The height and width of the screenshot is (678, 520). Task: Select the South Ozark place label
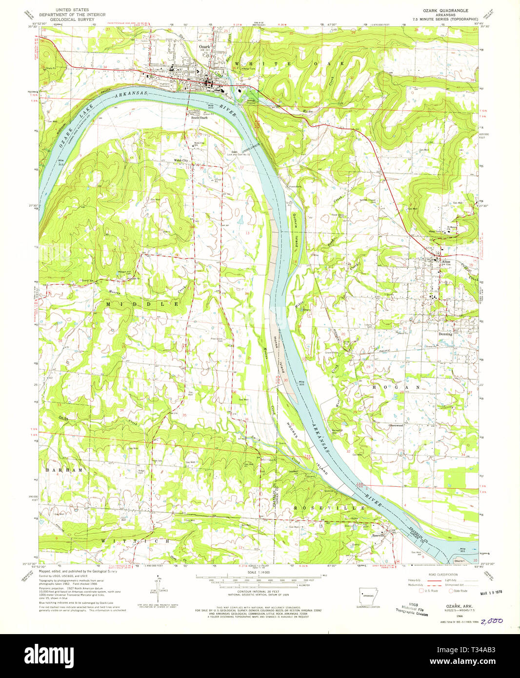coord(199,118)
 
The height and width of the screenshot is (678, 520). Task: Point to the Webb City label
coord(181,160)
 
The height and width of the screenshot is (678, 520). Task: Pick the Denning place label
coord(445,334)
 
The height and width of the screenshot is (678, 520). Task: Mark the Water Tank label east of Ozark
coord(249,69)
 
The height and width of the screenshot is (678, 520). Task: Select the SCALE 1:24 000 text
coord(260,572)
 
